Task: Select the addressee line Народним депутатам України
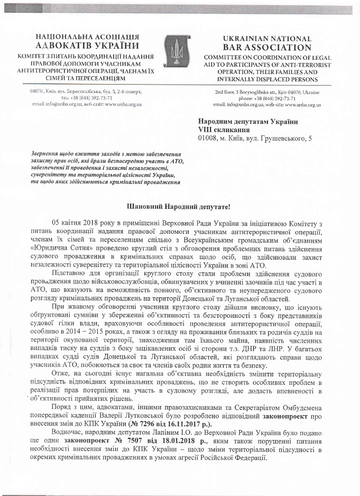click(x=247, y=122)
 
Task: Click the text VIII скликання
click(x=224, y=130)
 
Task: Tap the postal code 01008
click(x=208, y=139)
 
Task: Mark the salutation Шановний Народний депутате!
click(x=180, y=205)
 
